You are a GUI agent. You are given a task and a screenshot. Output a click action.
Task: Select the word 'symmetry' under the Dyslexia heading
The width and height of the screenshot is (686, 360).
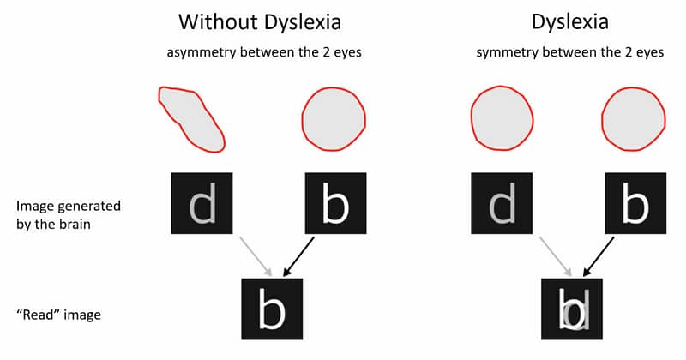point(503,53)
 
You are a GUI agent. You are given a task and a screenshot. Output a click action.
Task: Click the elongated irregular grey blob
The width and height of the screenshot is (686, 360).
point(190,117)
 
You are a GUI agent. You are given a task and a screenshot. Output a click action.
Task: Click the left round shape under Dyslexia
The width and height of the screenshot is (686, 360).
point(502,118)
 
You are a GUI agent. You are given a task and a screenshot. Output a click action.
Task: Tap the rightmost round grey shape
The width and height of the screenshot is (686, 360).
point(635,118)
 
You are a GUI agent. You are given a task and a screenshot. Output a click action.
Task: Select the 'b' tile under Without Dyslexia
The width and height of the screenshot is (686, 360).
point(335,204)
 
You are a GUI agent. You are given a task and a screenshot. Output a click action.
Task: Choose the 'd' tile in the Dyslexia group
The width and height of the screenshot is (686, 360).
point(502,204)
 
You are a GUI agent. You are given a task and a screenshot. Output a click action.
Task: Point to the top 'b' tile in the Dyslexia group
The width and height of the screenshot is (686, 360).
point(635,204)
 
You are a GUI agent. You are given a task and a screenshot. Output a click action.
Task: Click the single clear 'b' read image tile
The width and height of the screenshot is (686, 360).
point(272,309)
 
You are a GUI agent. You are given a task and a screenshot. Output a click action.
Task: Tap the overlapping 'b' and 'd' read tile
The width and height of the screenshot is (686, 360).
point(573,309)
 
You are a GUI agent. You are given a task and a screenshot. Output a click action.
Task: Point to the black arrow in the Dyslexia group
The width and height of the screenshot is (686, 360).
point(599,255)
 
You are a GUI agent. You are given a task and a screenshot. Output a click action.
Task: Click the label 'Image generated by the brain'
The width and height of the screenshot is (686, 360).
point(69,213)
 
